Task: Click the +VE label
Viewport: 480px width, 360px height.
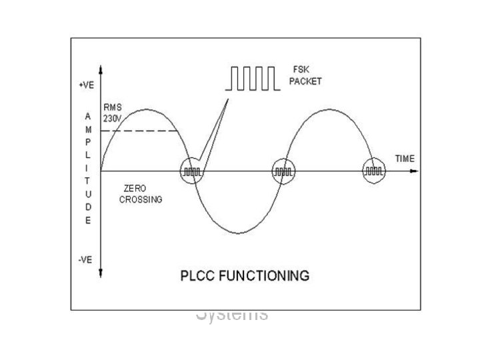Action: [x=85, y=86]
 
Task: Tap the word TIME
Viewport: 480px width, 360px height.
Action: [x=405, y=159]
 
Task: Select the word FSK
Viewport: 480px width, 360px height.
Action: [x=301, y=68]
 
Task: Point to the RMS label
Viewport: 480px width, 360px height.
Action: [x=111, y=106]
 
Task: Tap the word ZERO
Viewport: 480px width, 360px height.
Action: [x=134, y=189]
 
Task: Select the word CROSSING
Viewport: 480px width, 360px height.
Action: [x=141, y=199]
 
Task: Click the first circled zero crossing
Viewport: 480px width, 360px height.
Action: [x=193, y=171]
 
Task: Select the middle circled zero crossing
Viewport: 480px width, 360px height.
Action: [x=283, y=171]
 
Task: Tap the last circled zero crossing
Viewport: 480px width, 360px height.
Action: [x=373, y=171]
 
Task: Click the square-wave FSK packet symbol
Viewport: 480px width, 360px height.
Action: [x=250, y=78]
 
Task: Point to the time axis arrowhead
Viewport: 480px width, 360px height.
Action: [x=416, y=171]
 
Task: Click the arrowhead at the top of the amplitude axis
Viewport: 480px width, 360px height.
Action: [x=100, y=69]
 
